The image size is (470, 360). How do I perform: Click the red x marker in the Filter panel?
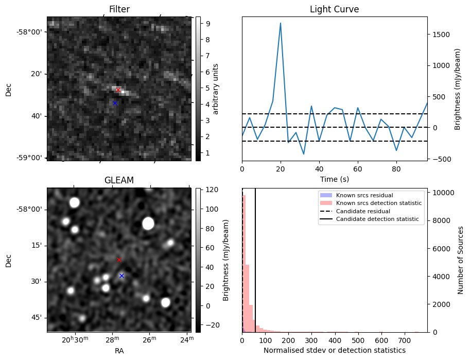point(118,90)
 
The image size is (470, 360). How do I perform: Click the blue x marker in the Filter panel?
point(115,104)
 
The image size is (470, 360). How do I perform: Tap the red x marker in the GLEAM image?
point(119,260)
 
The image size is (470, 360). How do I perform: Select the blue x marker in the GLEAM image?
point(121,276)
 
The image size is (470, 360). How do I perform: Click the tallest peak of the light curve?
point(281,23)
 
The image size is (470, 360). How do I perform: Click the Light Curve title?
point(334,9)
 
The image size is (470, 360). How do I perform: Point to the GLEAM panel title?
point(119,180)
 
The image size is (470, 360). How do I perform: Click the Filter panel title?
point(119,9)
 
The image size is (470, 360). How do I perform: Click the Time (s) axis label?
point(334,178)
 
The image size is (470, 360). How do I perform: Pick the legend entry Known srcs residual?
point(364,195)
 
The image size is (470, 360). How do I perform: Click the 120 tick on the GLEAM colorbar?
point(210,190)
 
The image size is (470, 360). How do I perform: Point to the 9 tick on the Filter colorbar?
point(206,23)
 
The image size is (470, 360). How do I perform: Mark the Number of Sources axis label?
point(461,260)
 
